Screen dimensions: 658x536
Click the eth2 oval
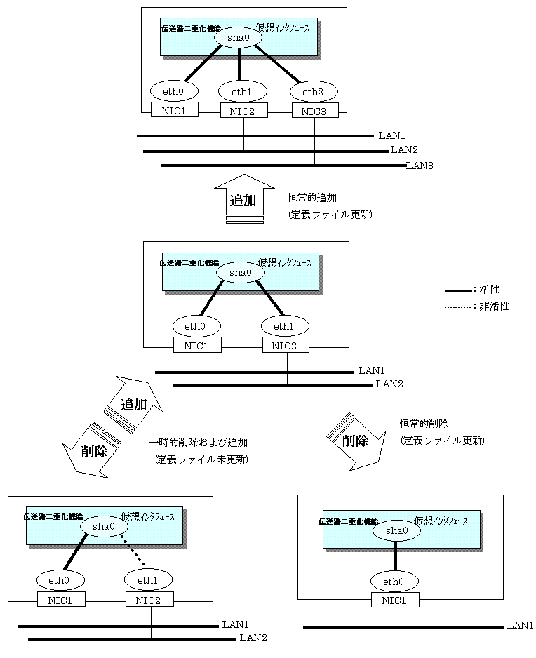tap(314, 91)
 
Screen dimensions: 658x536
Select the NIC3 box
tap(314, 110)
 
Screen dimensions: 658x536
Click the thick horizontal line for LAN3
tap(281, 166)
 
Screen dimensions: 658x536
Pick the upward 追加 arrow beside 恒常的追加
tap(243, 200)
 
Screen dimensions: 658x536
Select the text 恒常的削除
tap(424, 424)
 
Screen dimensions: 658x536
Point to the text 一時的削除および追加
tap(199, 443)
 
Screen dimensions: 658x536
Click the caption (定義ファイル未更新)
tap(201, 460)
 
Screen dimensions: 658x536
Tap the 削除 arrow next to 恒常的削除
tap(356, 440)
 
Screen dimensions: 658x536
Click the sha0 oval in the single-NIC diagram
tap(396, 531)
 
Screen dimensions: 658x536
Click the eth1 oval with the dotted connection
tap(148, 579)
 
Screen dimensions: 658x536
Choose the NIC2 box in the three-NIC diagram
tap(243, 110)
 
